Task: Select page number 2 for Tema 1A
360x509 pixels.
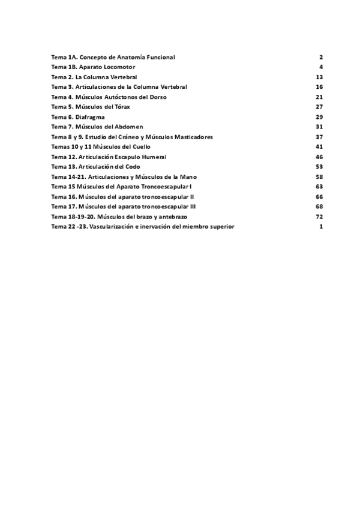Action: [x=322, y=57]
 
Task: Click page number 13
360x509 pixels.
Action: [x=320, y=77]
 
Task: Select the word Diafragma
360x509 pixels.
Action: [x=92, y=116]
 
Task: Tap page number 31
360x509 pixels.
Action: [x=320, y=127]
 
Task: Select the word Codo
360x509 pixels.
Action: [x=129, y=166]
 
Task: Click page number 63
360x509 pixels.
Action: [x=320, y=187]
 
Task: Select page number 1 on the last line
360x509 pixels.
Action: [x=322, y=226]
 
